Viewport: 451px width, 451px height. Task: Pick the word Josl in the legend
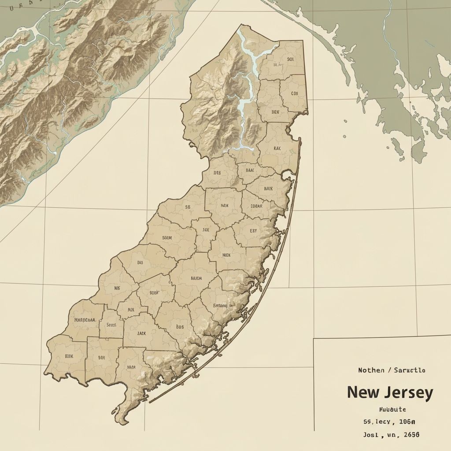(x=370, y=434)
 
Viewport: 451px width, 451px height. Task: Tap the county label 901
(x=278, y=59)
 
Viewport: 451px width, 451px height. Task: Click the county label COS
(x=295, y=93)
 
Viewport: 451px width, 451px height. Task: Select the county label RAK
(x=277, y=148)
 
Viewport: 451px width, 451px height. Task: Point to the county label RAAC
(x=250, y=170)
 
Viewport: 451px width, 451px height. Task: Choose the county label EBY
(x=253, y=230)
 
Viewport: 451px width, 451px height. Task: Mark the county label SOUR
(x=167, y=237)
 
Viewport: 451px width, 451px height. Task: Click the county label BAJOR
(x=196, y=278)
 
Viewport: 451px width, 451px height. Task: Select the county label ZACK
(x=141, y=333)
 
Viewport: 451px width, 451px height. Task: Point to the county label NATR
(x=131, y=366)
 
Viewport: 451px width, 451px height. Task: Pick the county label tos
(x=180, y=327)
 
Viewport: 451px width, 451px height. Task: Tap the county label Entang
(x=220, y=305)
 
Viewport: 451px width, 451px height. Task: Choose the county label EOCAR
(x=256, y=206)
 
